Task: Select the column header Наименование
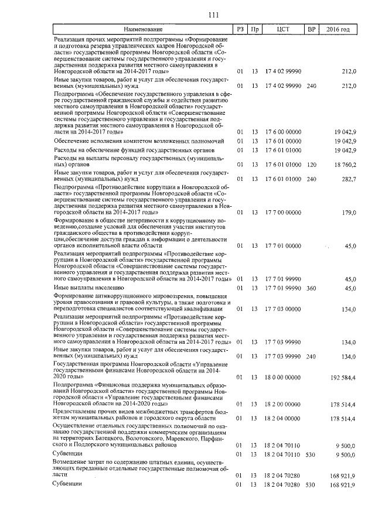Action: [x=143, y=29]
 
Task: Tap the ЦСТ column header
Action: [x=283, y=29]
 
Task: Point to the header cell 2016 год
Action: [x=338, y=29]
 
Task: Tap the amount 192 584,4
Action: [x=343, y=378]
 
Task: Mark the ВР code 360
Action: [x=311, y=288]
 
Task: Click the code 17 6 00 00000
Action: [x=283, y=132]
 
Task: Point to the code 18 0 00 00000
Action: [x=283, y=378]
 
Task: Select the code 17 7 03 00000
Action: [x=283, y=309]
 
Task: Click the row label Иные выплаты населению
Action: [x=88, y=288]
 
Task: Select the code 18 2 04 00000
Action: [x=283, y=418]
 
